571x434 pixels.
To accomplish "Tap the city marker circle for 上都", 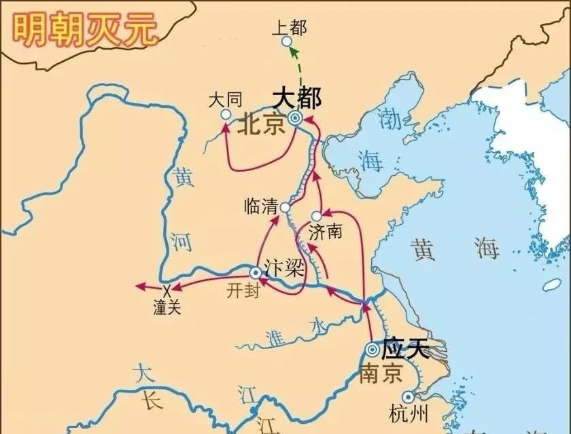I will pyautogui.click(x=287, y=41).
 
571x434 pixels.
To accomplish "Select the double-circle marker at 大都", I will pyautogui.click(x=294, y=118).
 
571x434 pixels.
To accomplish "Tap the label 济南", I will pyautogui.click(x=325, y=232).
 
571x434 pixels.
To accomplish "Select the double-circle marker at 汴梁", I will pyautogui.click(x=256, y=272).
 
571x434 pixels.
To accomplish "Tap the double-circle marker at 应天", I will pyautogui.click(x=372, y=349).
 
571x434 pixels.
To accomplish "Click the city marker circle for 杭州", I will pyautogui.click(x=408, y=397).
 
